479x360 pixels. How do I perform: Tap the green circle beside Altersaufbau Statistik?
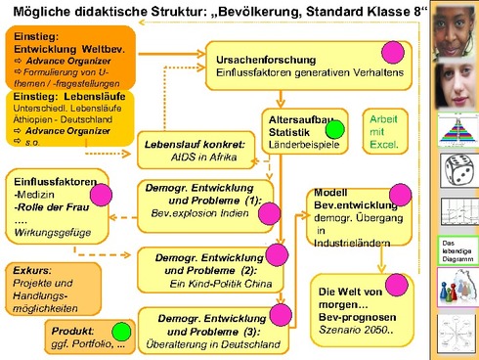[x=334, y=128]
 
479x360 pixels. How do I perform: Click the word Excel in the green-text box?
[x=383, y=144]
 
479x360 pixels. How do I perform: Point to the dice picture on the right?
[x=456, y=176]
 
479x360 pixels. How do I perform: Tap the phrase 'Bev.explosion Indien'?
[x=198, y=212]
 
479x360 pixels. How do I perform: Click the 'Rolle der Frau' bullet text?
[x=50, y=207]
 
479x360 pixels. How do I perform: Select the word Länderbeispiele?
[x=303, y=144]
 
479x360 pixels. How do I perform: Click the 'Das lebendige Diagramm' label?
[x=455, y=249]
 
